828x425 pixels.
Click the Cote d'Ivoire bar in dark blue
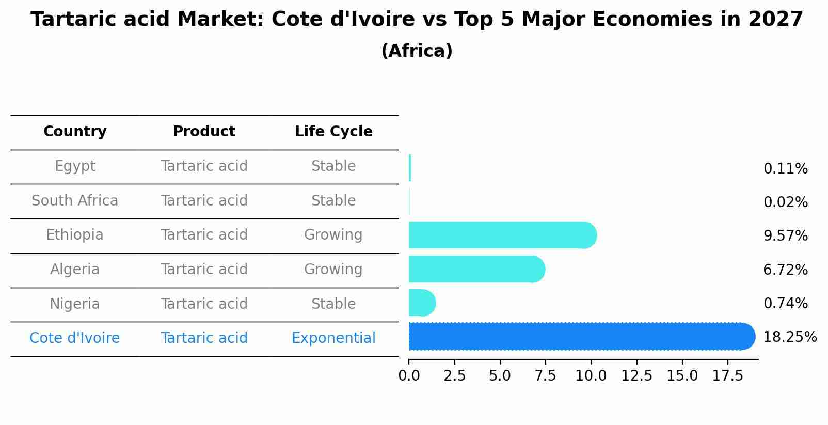pyautogui.click(x=581, y=337)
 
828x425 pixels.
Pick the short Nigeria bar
pyautogui.click(x=421, y=303)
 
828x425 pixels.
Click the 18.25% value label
pyautogui.click(x=789, y=337)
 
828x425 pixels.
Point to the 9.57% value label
pyautogui.click(x=785, y=236)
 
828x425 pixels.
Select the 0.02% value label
pyautogui.click(x=785, y=202)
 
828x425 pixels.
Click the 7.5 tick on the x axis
pyautogui.click(x=545, y=376)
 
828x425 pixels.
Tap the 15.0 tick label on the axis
pyautogui.click(x=682, y=376)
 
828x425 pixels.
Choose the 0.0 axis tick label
pyautogui.click(x=409, y=376)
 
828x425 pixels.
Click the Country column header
pyautogui.click(x=75, y=132)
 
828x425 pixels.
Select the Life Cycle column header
pyautogui.click(x=333, y=132)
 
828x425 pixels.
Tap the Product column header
pyautogui.click(x=204, y=132)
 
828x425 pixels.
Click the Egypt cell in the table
pyautogui.click(x=75, y=166)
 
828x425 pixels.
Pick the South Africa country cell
pyautogui.click(x=75, y=201)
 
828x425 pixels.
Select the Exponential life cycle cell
pyautogui.click(x=333, y=338)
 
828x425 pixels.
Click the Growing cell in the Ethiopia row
pyautogui.click(x=333, y=235)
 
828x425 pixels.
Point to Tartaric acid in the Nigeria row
pyautogui.click(x=204, y=304)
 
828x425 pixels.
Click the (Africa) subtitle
pyautogui.click(x=417, y=51)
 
